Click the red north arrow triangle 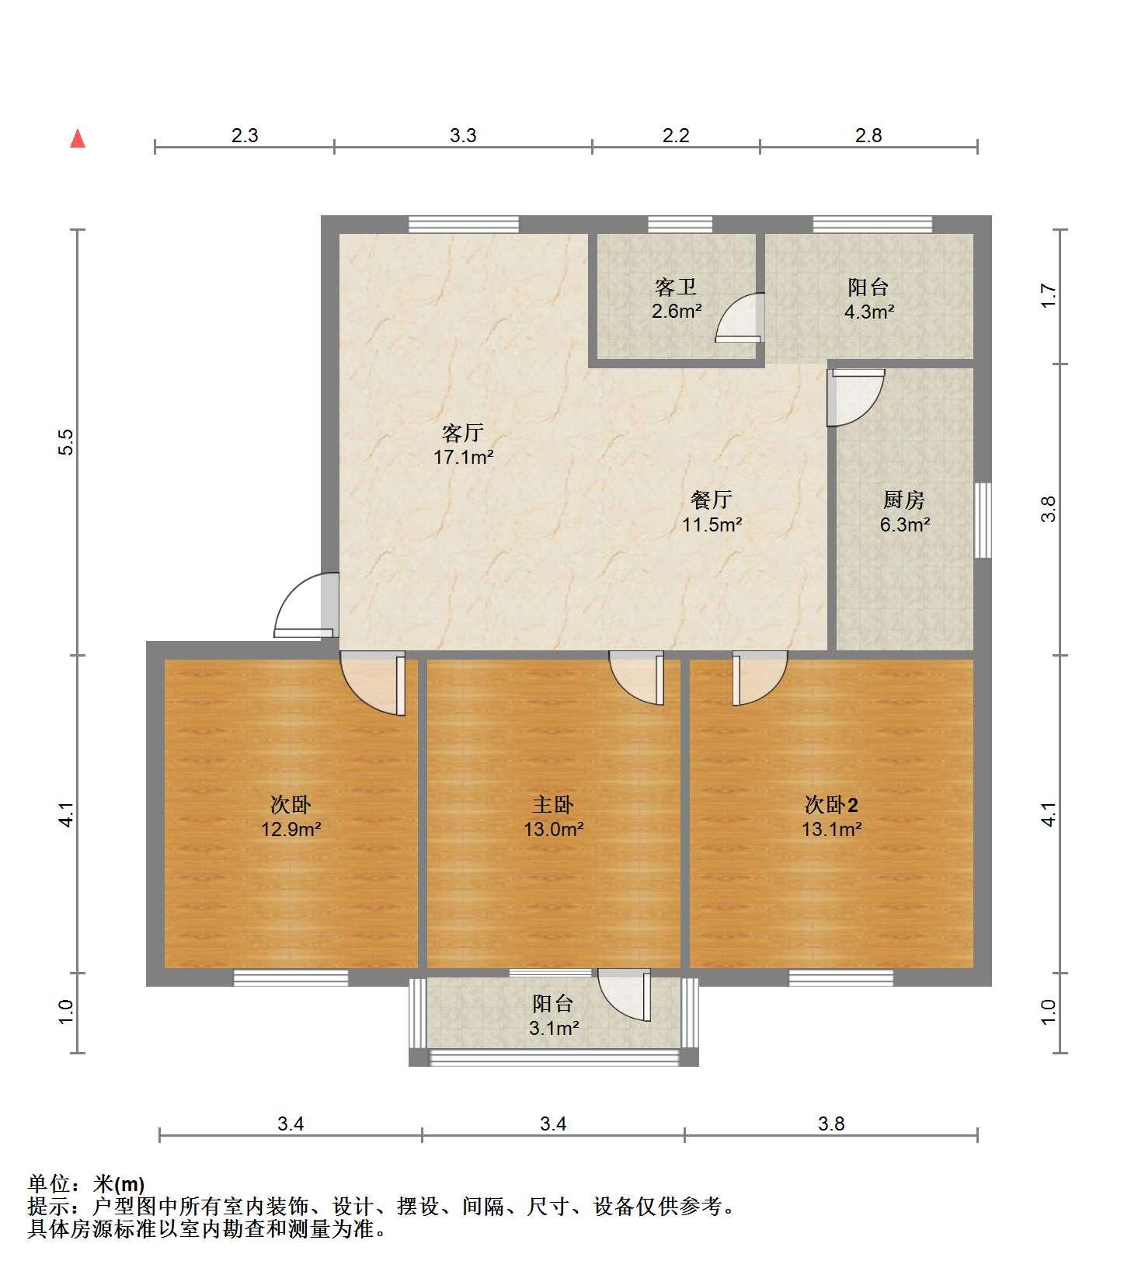[78, 138]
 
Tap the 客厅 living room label [463, 433]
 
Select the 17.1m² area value [464, 457]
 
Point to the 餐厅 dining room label [712, 500]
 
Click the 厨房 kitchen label [904, 500]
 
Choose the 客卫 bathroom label [676, 287]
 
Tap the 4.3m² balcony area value [868, 312]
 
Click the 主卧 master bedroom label [553, 804]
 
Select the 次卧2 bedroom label [831, 804]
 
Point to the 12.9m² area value [291, 829]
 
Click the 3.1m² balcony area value [554, 1029]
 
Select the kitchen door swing [855, 397]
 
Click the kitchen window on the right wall [983, 520]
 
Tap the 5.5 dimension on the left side [67, 442]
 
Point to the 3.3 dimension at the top [463, 135]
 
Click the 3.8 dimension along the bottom [831, 1123]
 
